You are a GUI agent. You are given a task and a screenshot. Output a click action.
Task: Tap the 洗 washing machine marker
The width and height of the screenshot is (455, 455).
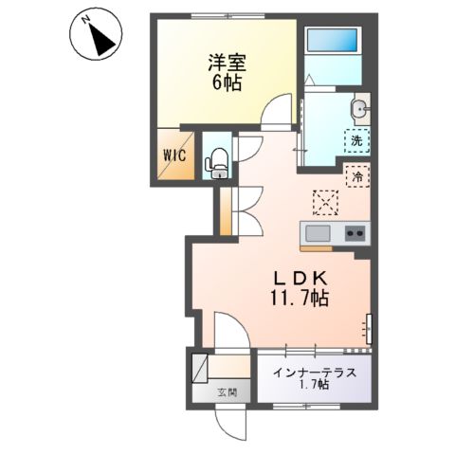click(x=355, y=141)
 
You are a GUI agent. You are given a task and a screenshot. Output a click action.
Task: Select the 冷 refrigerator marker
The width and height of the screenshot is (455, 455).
click(x=359, y=176)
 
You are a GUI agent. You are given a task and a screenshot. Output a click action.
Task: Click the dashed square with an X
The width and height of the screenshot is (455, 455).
click(x=326, y=202)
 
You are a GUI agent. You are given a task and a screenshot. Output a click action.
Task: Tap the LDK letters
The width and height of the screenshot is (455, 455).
click(x=300, y=279)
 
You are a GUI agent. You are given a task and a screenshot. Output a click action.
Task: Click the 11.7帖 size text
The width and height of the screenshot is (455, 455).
click(x=300, y=298)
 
